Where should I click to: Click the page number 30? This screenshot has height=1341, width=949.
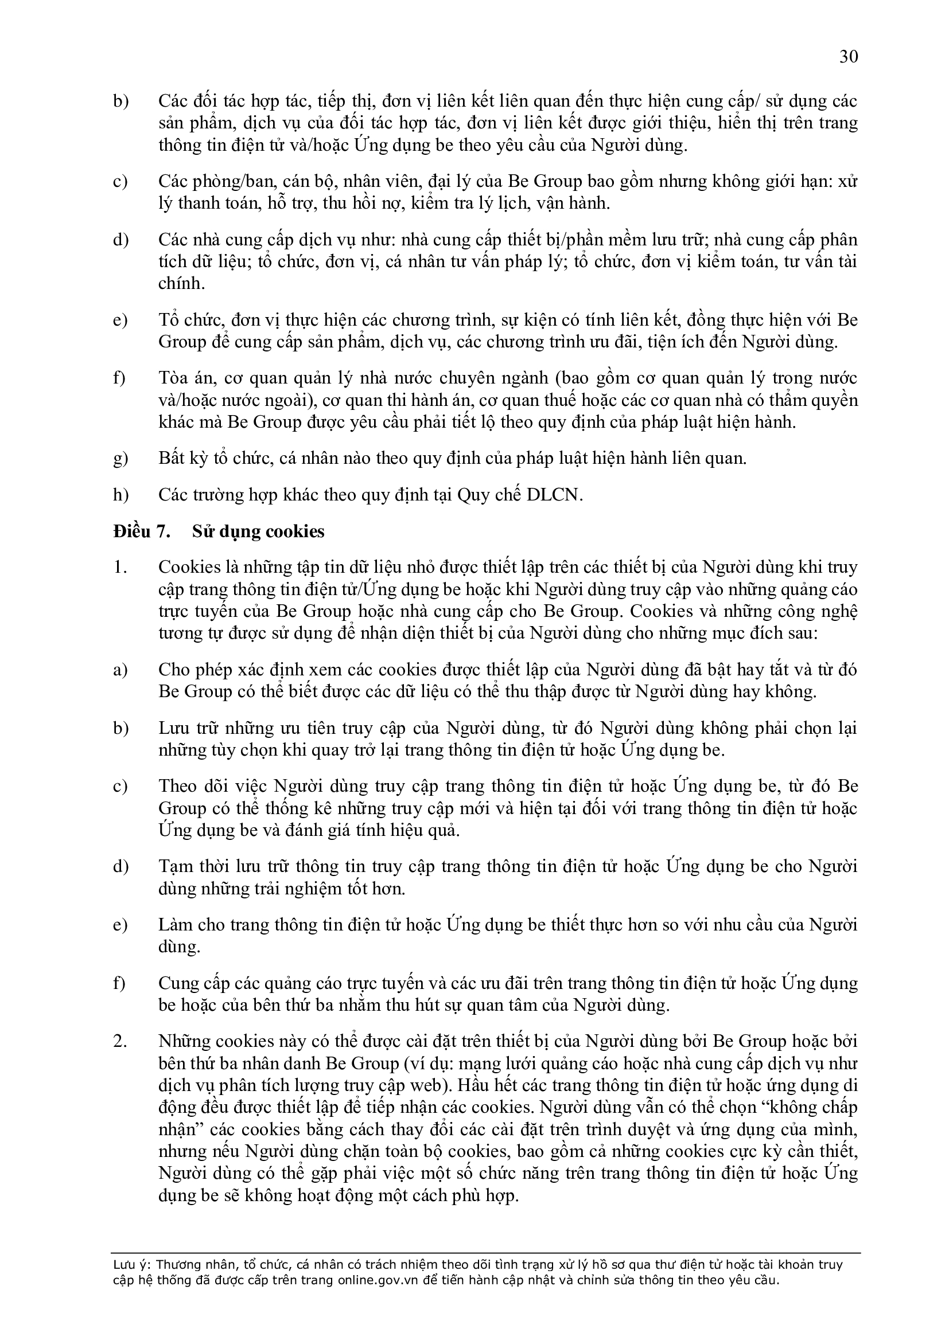849,57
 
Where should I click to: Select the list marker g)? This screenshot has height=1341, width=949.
120,459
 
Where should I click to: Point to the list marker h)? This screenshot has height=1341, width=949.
120,495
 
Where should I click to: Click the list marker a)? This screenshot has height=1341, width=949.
120,670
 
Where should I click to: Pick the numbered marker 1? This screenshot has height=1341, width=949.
119,568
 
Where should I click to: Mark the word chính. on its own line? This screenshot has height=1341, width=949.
181,284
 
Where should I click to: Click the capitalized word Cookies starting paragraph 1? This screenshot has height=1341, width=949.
190,568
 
